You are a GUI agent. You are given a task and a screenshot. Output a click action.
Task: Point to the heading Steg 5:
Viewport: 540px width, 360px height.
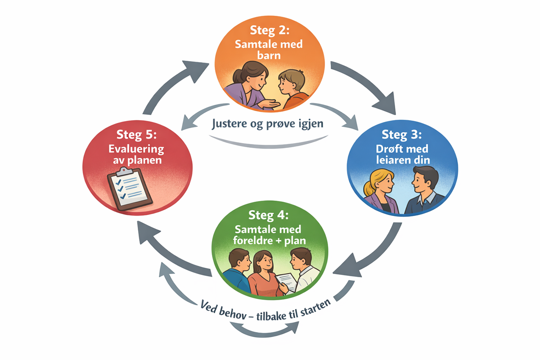137,135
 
